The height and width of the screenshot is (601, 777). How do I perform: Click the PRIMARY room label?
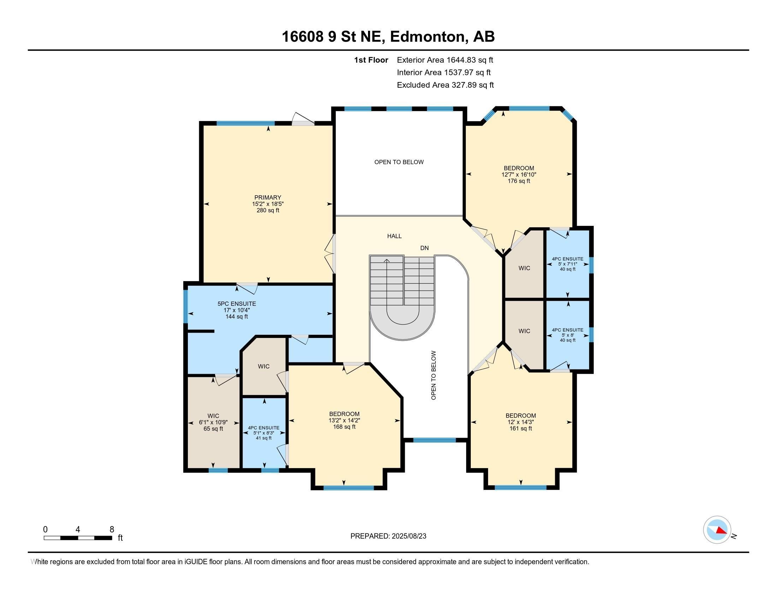click(x=268, y=197)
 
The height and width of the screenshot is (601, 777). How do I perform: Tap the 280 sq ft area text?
click(x=268, y=210)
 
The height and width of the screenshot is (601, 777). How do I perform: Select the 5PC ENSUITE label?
click(x=237, y=304)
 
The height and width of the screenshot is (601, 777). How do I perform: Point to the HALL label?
click(x=394, y=236)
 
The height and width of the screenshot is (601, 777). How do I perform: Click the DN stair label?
click(x=425, y=248)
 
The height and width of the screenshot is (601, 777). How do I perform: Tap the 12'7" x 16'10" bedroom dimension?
click(x=519, y=174)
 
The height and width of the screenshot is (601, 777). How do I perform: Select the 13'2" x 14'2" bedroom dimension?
click(x=344, y=420)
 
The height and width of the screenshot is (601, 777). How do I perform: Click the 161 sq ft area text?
click(x=521, y=428)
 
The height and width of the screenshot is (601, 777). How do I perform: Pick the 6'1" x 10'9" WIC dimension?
click(x=213, y=422)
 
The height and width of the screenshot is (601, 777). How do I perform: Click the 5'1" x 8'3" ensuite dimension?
click(x=263, y=433)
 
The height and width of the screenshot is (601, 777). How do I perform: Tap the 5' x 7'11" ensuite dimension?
click(x=568, y=264)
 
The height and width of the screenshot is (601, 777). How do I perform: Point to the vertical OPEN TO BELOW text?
click(x=433, y=375)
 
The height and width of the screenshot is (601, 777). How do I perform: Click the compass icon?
click(x=717, y=530)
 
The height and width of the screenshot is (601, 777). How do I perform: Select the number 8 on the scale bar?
click(x=112, y=530)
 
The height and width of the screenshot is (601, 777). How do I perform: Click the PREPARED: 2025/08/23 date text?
click(x=388, y=536)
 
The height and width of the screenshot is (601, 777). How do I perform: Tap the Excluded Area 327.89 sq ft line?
click(x=445, y=85)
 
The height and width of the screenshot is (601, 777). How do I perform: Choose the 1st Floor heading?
click(x=371, y=60)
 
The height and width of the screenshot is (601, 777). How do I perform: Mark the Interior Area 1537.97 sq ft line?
click(x=444, y=72)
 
